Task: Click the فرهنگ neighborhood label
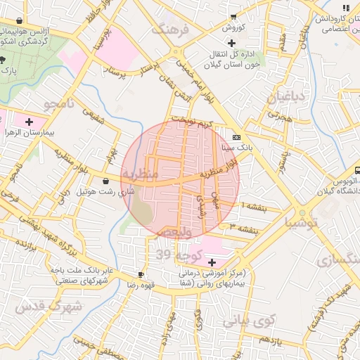click(175, 30)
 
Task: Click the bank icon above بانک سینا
click(236, 137)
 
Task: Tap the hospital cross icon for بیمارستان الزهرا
click(29, 122)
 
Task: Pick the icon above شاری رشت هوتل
click(105, 181)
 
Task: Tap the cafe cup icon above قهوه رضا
click(141, 274)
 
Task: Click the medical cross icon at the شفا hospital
click(212, 262)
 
